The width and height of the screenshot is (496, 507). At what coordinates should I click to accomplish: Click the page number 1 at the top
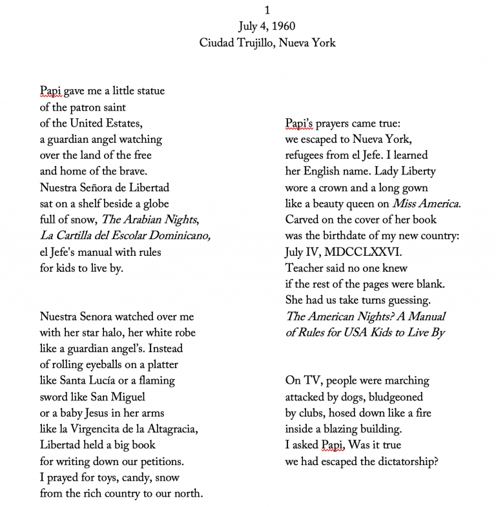coord(267,11)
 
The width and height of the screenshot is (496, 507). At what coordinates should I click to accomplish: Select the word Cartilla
coord(74,235)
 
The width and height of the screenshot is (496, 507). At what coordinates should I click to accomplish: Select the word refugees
coord(307,155)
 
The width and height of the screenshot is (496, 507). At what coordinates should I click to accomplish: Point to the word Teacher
coord(305,267)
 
